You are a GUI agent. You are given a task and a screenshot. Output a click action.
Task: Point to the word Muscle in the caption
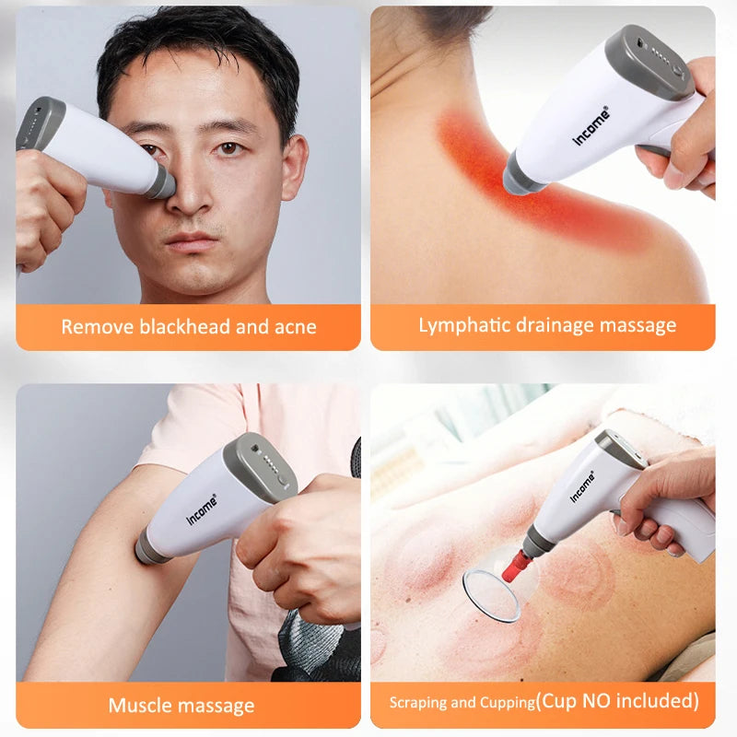click(x=138, y=706)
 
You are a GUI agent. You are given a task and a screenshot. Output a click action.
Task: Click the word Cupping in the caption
click(x=506, y=703)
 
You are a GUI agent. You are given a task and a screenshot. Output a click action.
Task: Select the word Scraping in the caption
click(x=418, y=703)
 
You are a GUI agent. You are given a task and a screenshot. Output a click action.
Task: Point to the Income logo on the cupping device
click(x=582, y=485)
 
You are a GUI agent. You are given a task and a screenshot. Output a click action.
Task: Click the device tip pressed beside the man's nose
click(x=161, y=182)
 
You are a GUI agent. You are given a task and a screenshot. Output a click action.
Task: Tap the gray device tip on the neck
click(x=521, y=176)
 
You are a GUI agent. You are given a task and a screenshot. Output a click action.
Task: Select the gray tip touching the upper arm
click(x=148, y=550)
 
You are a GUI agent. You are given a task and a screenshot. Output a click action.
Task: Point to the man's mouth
click(x=193, y=242)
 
